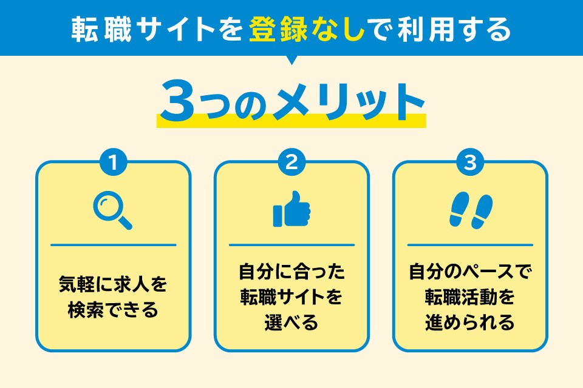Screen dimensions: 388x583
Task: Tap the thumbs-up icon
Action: pos(291,209)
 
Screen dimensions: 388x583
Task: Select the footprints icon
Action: pos(470,210)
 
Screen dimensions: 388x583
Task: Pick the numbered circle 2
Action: pos(291,162)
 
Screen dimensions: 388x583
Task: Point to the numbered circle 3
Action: pos(470,162)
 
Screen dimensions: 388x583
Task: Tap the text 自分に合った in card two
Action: pos(291,270)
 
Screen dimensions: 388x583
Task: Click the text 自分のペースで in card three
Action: pos(470,270)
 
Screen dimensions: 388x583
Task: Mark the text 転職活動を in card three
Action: pos(470,296)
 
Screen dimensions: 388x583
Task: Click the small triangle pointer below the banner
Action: pos(291,60)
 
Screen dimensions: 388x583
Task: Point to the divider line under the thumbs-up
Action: pos(291,245)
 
